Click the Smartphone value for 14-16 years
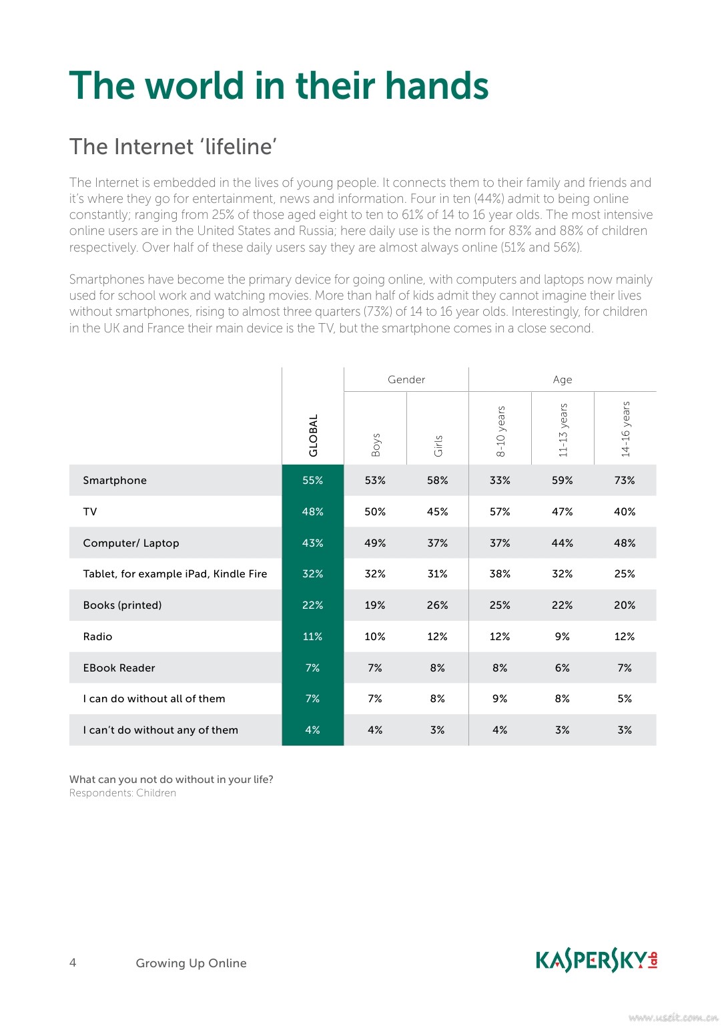(x=625, y=481)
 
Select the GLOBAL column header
(x=313, y=435)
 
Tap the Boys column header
(x=376, y=445)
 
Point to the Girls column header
(x=438, y=445)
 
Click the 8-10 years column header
(x=500, y=431)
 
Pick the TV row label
(x=90, y=512)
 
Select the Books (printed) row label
(x=122, y=605)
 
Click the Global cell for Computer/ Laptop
(x=312, y=543)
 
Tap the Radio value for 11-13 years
(x=563, y=637)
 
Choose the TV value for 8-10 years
(x=500, y=512)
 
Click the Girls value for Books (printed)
(x=438, y=605)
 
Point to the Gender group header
(x=406, y=380)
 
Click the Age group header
(x=563, y=380)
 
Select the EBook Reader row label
(x=119, y=668)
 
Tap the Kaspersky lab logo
(x=597, y=961)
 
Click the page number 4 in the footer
(x=73, y=963)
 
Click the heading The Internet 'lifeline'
(x=173, y=147)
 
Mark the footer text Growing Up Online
(x=191, y=963)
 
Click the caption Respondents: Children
(x=123, y=793)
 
